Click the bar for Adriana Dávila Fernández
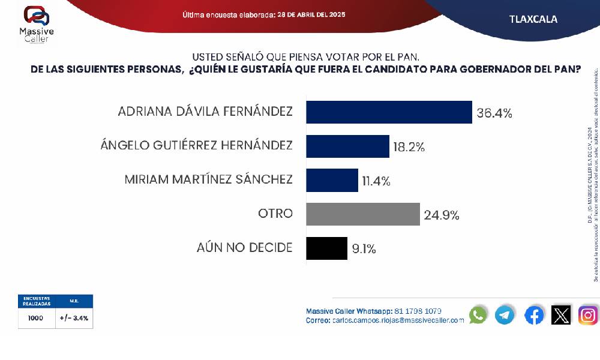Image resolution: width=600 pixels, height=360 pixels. tap(389, 112)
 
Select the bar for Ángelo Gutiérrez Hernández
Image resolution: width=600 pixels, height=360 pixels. tap(348, 146)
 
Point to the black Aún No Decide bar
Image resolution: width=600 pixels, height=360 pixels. tap(327, 248)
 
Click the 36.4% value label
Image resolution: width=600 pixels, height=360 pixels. tap(494, 112)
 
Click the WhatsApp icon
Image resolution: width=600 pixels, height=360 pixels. tap(478, 315)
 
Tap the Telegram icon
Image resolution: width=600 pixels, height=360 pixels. tap(505, 315)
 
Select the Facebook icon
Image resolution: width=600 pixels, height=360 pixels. tap(534, 315)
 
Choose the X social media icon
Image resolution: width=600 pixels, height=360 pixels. tap(561, 315)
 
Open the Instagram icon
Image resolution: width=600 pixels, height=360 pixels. tap(588, 315)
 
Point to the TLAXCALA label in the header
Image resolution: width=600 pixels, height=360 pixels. tap(533, 19)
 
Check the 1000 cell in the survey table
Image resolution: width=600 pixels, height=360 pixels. tap(35, 319)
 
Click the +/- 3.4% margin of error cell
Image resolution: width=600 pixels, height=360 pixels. tap(74, 319)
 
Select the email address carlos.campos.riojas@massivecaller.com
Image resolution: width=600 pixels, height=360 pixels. tap(398, 320)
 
